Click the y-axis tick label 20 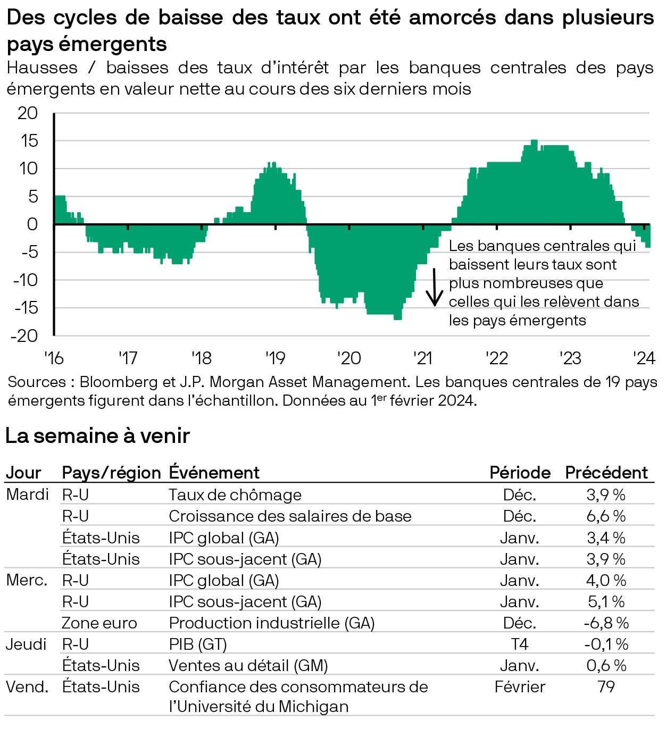click(28, 113)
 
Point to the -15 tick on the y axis click(27, 308)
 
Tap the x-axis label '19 click(276, 358)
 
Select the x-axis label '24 click(644, 358)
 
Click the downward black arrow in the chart click(435, 288)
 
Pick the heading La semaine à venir click(97, 436)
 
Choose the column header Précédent click(606, 473)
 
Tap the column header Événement click(214, 473)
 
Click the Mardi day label click(27, 495)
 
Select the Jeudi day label click(26, 644)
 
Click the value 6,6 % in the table click(606, 516)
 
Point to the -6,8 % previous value click(606, 623)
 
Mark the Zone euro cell click(99, 623)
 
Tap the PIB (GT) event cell click(198, 644)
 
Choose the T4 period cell click(519, 644)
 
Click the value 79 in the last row click(606, 686)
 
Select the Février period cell click(519, 686)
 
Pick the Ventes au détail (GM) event click(248, 665)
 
